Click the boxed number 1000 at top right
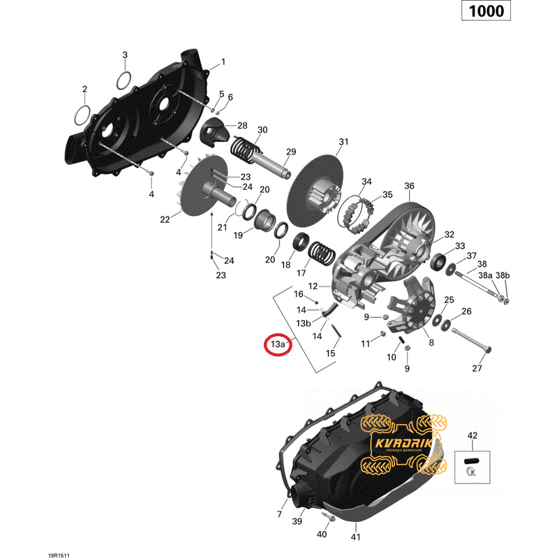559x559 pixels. tap(486, 10)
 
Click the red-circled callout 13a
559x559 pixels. tap(278, 344)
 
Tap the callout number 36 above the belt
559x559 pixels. tap(409, 186)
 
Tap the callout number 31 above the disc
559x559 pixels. tap(343, 142)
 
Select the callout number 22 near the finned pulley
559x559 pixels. tap(165, 220)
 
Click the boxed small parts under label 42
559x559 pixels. tap(472, 466)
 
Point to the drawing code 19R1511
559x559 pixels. tap(59, 556)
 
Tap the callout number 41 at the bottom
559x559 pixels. tap(356, 536)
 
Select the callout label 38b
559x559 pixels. tap(503, 275)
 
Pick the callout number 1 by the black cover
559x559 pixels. tap(223, 62)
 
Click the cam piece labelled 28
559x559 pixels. tap(214, 132)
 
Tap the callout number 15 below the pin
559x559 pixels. tap(330, 353)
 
